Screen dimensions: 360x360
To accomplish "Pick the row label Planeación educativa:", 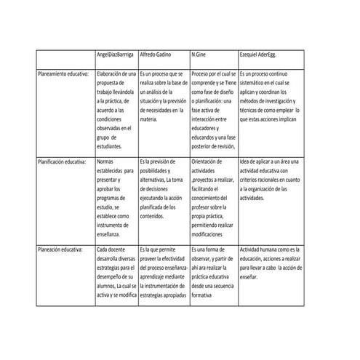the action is (61, 249).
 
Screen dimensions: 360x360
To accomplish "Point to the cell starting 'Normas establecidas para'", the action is (116, 197).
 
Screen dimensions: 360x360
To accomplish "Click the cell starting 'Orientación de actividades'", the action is (212, 197).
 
